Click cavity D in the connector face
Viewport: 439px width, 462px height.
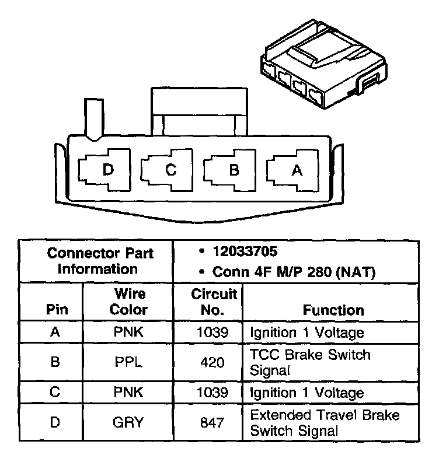107,171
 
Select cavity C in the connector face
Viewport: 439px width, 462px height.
170,171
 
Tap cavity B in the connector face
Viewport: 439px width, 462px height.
233,171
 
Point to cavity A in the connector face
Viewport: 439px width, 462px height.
296,171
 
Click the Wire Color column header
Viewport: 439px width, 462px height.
128,301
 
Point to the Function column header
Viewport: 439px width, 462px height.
333,310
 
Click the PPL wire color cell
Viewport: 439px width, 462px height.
128,362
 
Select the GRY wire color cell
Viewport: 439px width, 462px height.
128,423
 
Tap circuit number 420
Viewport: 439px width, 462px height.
212,362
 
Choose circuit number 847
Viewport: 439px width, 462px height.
212,423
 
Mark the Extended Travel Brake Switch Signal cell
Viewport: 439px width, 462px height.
325,423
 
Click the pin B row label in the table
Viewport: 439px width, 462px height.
54,362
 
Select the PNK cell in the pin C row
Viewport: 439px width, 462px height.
128,393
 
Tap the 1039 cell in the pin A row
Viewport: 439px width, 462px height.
212,332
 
